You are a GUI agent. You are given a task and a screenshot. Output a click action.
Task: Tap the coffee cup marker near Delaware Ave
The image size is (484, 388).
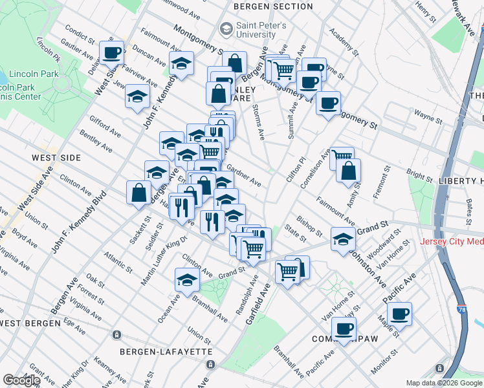(x=111, y=52)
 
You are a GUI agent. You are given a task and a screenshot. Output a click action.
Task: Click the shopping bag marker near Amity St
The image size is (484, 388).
(x=348, y=171)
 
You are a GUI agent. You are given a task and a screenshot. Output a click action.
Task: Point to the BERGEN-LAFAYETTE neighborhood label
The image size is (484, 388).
(x=166, y=351)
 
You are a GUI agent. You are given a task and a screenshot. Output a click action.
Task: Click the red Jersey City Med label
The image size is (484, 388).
(x=452, y=242)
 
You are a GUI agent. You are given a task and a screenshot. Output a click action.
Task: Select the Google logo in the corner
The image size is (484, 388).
(x=21, y=380)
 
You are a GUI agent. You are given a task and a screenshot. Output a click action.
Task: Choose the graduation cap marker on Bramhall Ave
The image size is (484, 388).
(x=186, y=280)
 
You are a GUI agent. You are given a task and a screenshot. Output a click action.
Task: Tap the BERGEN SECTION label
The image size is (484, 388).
(x=273, y=6)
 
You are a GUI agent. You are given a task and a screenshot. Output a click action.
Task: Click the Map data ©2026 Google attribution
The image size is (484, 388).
(x=444, y=383)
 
